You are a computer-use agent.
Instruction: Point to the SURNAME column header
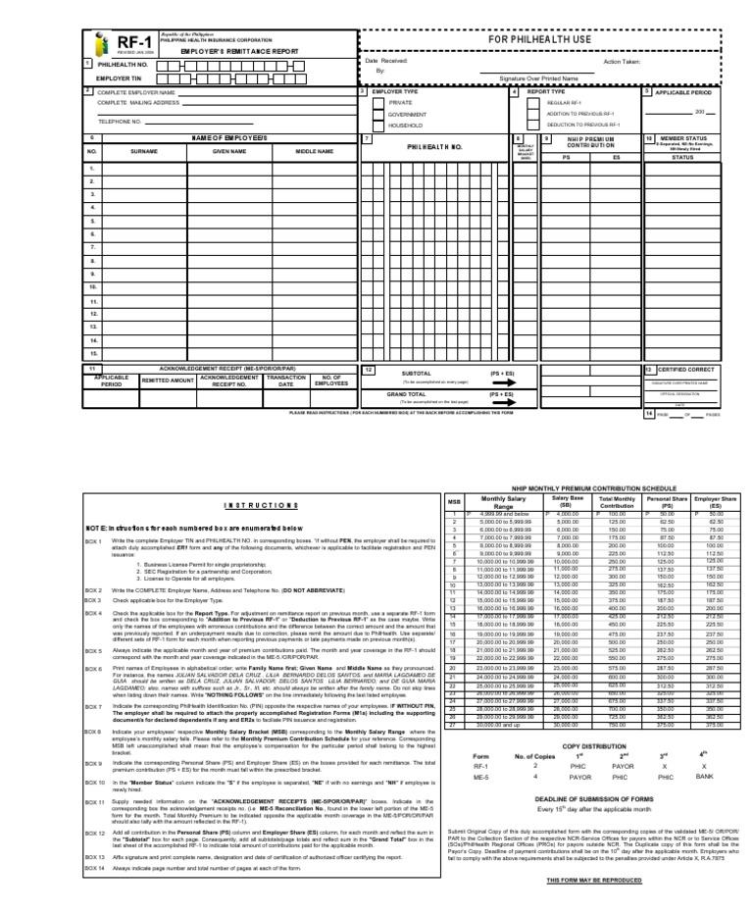click(x=144, y=152)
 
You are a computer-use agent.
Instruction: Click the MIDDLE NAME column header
click(x=315, y=152)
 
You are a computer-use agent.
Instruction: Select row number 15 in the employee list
click(x=93, y=352)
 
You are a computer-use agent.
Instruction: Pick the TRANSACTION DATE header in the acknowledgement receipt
click(x=286, y=381)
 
